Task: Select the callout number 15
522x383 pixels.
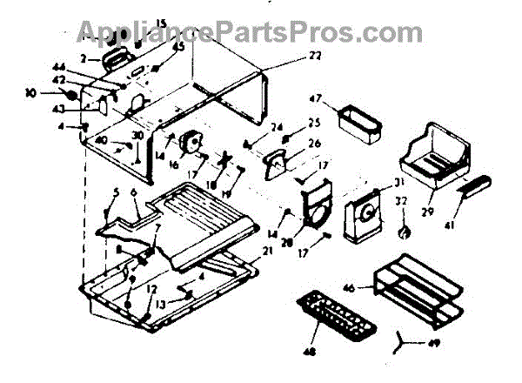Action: click(136, 23)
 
